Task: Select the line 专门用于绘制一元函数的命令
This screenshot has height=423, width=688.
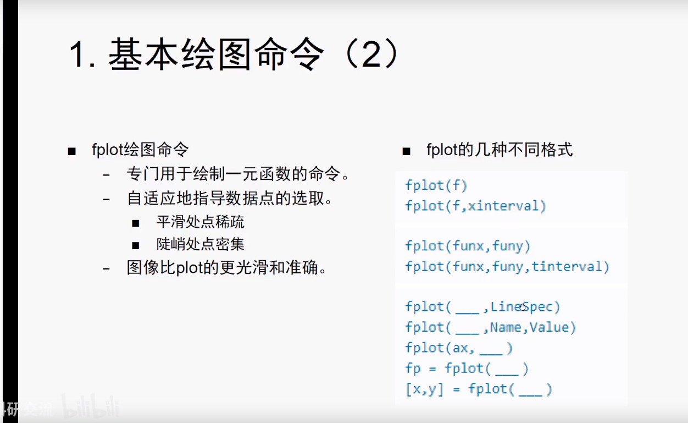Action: (237, 175)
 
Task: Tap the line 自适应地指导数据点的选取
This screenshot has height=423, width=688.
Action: (229, 198)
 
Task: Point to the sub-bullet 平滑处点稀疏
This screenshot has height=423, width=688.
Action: (200, 222)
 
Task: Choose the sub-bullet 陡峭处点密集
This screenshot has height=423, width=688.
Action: (200, 244)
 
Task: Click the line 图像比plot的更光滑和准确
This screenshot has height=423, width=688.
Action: (226, 268)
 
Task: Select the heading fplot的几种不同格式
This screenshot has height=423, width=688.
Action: (500, 150)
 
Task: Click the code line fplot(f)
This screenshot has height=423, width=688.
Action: (436, 185)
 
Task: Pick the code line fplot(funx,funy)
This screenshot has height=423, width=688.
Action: (468, 246)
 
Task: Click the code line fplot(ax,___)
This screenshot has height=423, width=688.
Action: (459, 348)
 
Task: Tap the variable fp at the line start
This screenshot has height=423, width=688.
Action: (413, 369)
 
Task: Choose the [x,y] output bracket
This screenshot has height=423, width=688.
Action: (424, 389)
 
